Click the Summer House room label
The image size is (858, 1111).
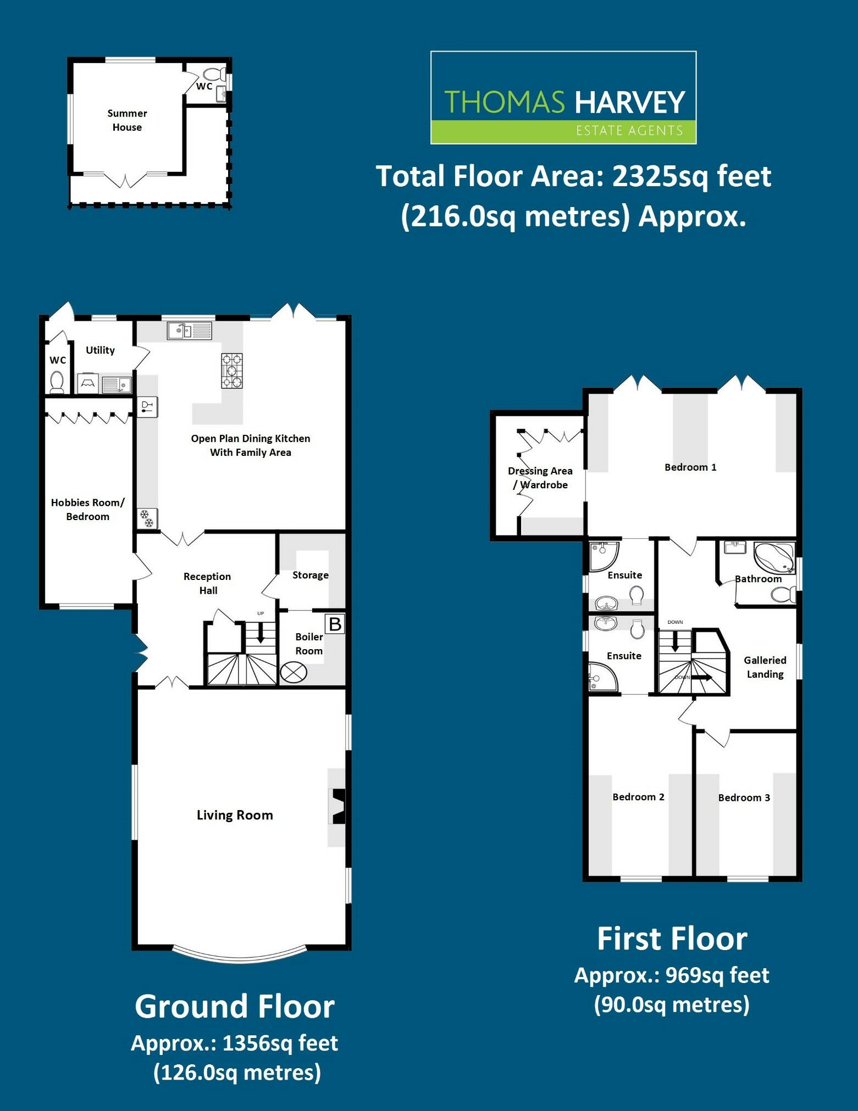[127, 120]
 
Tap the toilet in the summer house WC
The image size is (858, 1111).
[212, 74]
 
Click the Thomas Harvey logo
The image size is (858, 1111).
[563, 98]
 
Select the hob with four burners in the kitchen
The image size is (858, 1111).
[231, 371]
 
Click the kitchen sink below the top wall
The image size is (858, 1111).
[189, 331]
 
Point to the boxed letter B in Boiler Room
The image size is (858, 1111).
[335, 624]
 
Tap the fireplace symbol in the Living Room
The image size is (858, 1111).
[339, 806]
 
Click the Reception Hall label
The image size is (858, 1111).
[207, 583]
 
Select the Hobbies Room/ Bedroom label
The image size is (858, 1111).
[87, 509]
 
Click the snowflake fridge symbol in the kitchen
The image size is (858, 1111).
[147, 518]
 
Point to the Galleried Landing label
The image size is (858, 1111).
[765, 667]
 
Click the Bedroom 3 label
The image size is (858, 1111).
[744, 797]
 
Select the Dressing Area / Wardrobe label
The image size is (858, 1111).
[540, 478]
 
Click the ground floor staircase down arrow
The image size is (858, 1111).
[261, 632]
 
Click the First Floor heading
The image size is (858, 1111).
[672, 939]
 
